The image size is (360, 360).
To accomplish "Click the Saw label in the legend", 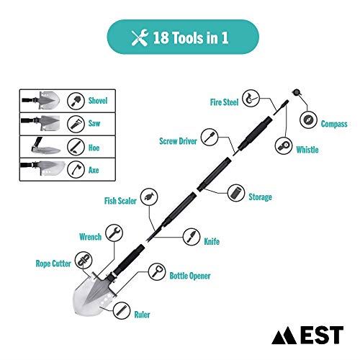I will tap(94, 123).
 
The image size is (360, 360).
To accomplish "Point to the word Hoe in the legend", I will tap(94, 146).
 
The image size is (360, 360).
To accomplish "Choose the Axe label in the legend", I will tap(94, 169).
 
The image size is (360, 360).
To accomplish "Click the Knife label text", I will tap(211, 242).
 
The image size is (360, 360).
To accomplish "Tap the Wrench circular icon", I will tap(112, 232).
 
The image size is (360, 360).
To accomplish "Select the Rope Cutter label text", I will tap(54, 264).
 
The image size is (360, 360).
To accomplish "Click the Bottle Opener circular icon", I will tap(156, 271).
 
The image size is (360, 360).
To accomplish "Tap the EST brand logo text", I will tap(323, 335).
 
